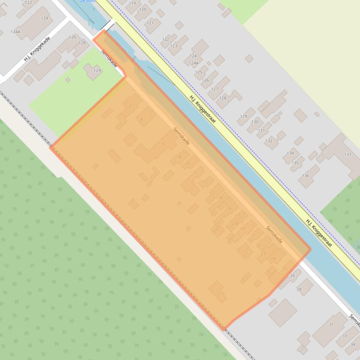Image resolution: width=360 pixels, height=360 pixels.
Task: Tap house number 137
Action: pyautogui.click(x=347, y=155)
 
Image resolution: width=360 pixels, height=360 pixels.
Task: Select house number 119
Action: pyautogui.click(x=132, y=3)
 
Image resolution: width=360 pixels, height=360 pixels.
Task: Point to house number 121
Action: pyautogui.click(x=150, y=22)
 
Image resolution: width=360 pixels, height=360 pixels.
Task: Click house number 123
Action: pyautogui.click(x=174, y=46)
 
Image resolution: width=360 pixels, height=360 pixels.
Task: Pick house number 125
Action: pyautogui.click(x=198, y=72)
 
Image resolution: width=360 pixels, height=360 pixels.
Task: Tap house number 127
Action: pyautogui.click(x=214, y=89)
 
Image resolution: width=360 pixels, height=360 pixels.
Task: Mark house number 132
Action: pyautogui.click(x=269, y=141)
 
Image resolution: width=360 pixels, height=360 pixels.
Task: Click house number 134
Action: pyautogui.click(x=290, y=153)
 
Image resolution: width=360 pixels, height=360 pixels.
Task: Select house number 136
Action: pyautogui.click(x=305, y=176)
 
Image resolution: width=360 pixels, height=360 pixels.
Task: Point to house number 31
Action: pyautogui.click(x=331, y=324)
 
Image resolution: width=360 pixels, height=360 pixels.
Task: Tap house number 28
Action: pyautogui.click(x=299, y=289)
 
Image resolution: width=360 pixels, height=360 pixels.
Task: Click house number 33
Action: pyautogui.click(x=345, y=336)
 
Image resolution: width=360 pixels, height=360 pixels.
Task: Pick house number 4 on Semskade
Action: pyautogui.click(x=142, y=120)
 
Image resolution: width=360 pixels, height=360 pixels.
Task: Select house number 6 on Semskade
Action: pyautogui.click(x=163, y=144)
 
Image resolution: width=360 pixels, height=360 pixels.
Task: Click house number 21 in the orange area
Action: pyautogui.click(x=253, y=235)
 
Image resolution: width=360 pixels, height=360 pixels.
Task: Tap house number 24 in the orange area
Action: pyautogui.click(x=273, y=259)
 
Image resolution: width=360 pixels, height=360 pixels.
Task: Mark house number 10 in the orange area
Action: pyautogui.click(x=188, y=163)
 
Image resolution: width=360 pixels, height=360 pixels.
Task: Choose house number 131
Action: pyautogui.click(x=261, y=130)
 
